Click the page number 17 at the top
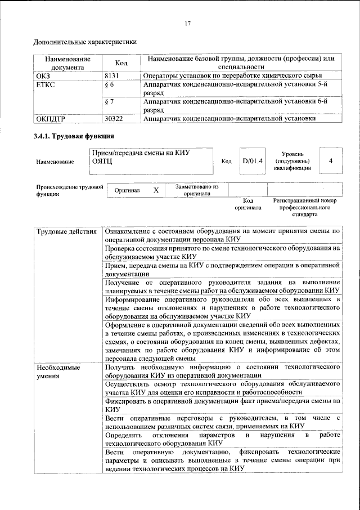click(x=188, y=23)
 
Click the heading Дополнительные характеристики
click(x=85, y=42)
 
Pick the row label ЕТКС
click(x=46, y=84)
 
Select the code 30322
click(x=115, y=119)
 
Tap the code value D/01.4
click(x=253, y=162)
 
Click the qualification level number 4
click(x=331, y=162)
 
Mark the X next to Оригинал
click(x=156, y=191)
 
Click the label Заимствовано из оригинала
click(x=197, y=190)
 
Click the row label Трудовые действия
click(x=66, y=231)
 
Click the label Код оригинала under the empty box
click(x=248, y=204)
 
